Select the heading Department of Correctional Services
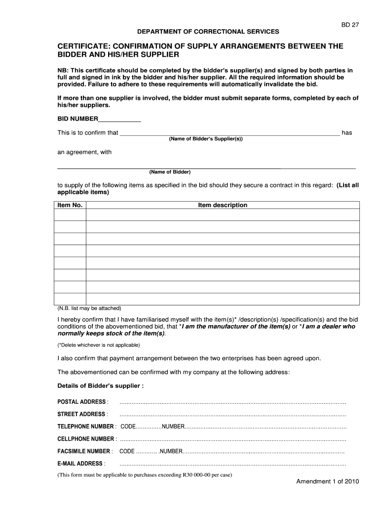[208, 32]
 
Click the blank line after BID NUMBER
[120, 119]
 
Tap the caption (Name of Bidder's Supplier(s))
[206, 139]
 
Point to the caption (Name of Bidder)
[170, 172]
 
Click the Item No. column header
[70, 205]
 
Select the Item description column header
[223, 205]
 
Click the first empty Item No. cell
[70, 215]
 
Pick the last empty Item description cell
[223, 299]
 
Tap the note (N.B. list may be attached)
[89, 308]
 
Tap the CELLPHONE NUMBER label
[87, 439]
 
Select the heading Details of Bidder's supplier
[101, 385]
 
